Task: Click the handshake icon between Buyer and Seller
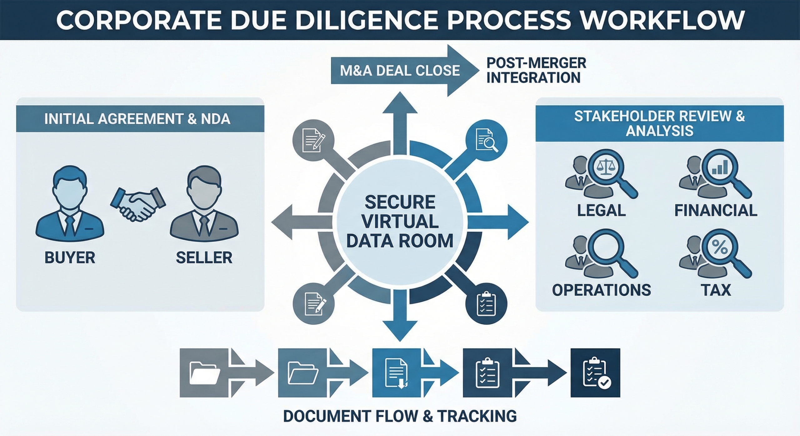tap(138, 204)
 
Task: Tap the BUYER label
tap(70, 258)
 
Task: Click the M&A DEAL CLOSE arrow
tap(400, 71)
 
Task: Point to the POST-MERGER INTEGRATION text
tap(536, 71)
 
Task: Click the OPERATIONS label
tap(601, 290)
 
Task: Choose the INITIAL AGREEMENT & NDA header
tap(137, 119)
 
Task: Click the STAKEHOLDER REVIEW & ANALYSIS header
tap(659, 123)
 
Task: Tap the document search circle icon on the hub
tap(486, 141)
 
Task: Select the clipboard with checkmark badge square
tap(595, 373)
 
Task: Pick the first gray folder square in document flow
tap(204, 373)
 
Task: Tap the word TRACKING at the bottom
tap(477, 416)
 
